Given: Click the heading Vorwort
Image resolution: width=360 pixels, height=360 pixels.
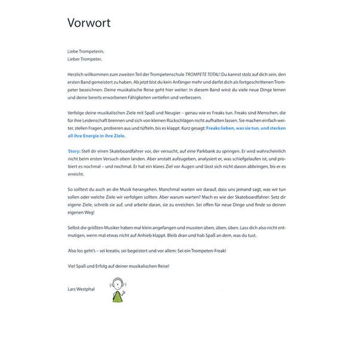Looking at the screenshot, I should point(88,23).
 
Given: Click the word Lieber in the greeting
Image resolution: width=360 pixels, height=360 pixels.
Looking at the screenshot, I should point(75,59).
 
